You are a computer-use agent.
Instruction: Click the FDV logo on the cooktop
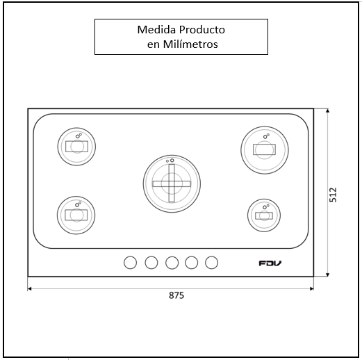coord(270,263)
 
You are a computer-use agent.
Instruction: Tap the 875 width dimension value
coord(176,295)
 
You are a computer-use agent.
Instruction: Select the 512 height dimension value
coord(333,195)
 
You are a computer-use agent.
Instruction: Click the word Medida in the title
coord(157,30)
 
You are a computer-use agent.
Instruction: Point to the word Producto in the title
coord(202,30)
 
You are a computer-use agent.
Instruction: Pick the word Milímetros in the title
coord(190,44)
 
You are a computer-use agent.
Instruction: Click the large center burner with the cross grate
coord(172,183)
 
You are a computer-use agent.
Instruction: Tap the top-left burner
coord(76,147)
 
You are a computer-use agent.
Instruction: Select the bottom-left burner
coord(76,215)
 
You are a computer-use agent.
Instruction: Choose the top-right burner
coord(265,150)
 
